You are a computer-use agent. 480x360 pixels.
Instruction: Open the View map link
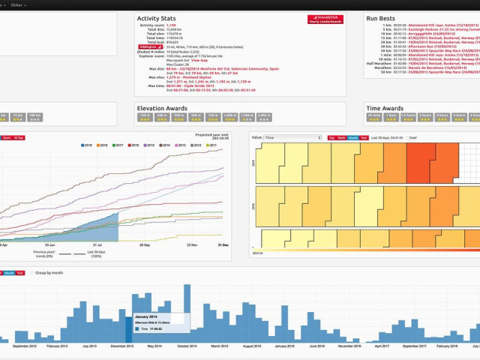point(199,59)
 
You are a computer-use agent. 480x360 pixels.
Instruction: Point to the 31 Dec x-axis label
point(223,245)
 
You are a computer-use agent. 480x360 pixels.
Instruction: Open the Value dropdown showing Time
point(296,138)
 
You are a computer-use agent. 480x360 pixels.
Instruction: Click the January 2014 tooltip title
point(147,317)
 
